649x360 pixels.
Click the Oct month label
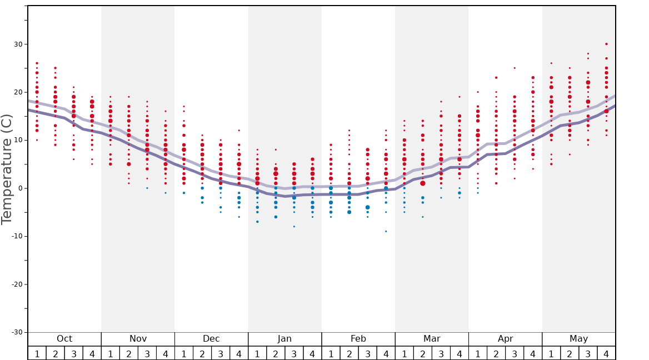coord(64,339)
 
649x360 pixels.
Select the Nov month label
coord(138,339)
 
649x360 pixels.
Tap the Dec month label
coord(211,339)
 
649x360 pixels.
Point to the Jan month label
coord(284,339)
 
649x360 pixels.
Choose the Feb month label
coord(358,339)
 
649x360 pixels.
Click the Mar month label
coord(432,339)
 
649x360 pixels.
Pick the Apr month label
coord(505,339)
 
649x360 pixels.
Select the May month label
coord(578,339)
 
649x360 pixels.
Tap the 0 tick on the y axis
coord(21,188)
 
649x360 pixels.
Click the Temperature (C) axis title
coord(7,169)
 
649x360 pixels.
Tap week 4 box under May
coord(606,353)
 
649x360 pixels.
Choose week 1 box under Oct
coord(37,353)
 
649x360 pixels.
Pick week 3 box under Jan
coord(294,353)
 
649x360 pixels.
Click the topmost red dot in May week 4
coord(606,44)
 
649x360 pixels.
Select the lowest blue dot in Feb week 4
coord(386,231)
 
